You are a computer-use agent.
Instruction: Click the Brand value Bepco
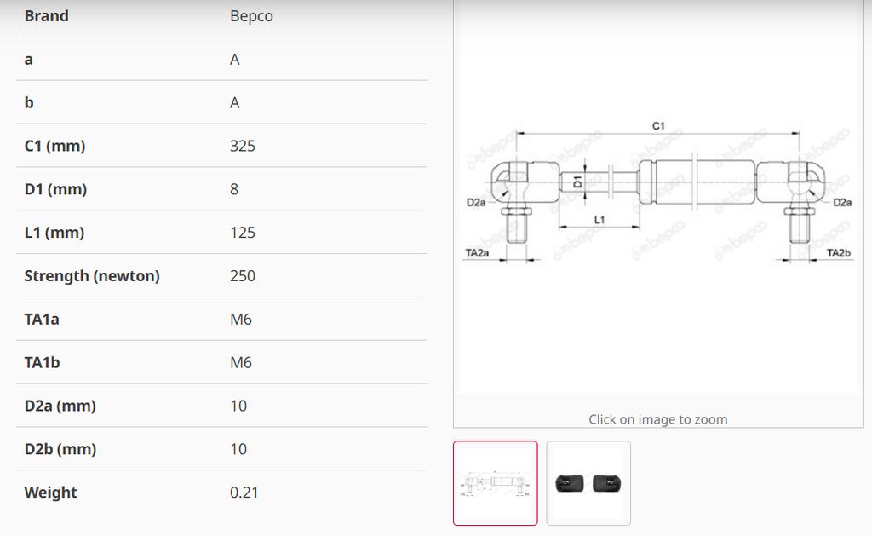251,16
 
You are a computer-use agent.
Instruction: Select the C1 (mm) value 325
243,146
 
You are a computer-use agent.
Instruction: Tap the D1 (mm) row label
55,189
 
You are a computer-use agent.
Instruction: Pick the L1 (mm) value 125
243,233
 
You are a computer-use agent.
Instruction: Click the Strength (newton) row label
92,276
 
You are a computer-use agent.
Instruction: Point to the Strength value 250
243,276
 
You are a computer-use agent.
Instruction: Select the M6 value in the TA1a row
241,320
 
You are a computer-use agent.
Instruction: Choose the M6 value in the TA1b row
241,363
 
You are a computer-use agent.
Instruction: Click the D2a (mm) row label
60,406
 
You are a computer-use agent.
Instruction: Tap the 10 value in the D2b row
238,449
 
